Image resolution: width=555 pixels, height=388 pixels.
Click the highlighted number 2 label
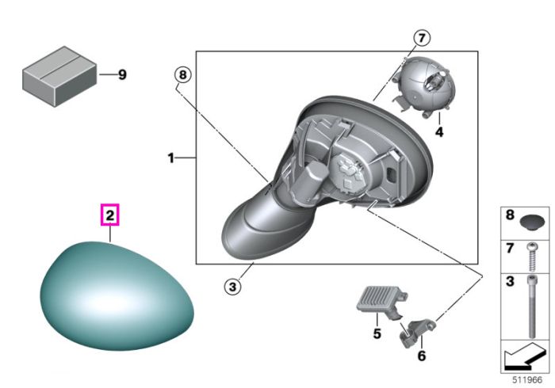tap(110, 215)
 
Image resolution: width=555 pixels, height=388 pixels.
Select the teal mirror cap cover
tap(117, 296)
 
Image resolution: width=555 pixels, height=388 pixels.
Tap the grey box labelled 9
tap(59, 76)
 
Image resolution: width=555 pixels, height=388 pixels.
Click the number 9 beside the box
tap(122, 74)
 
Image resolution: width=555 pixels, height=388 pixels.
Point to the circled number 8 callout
tap(182, 75)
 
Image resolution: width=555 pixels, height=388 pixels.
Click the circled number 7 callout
tap(422, 38)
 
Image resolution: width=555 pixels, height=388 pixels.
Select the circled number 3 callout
tap(232, 286)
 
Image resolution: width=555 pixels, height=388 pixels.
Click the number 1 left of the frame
tap(171, 158)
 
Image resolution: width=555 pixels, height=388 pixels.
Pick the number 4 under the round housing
tap(439, 131)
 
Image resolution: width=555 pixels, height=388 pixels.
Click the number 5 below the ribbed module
tap(377, 333)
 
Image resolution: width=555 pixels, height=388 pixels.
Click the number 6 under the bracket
tap(422, 356)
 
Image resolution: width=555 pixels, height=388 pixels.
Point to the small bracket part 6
tap(416, 332)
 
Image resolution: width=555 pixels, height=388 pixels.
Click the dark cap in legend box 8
tap(531, 223)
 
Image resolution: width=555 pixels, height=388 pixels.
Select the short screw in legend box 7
tap(531, 257)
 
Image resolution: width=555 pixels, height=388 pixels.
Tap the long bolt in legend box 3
tap(532, 306)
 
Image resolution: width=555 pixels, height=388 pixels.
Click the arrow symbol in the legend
tap(524, 356)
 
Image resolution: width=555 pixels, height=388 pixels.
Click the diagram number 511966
tap(527, 380)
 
